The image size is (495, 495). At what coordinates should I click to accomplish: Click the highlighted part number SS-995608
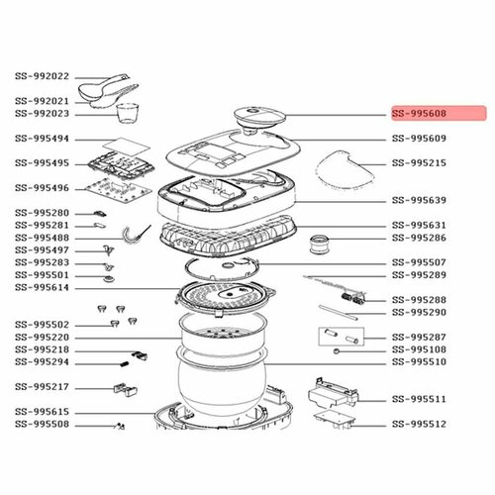coord(433,115)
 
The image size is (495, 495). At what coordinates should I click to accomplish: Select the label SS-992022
coord(42,76)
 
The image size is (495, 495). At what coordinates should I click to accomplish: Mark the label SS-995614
coord(42,287)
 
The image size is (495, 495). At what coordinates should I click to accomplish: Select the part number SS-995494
coord(42,141)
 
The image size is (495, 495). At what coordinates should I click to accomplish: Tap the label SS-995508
coord(42,425)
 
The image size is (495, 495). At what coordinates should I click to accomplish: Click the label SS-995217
coord(42,387)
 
